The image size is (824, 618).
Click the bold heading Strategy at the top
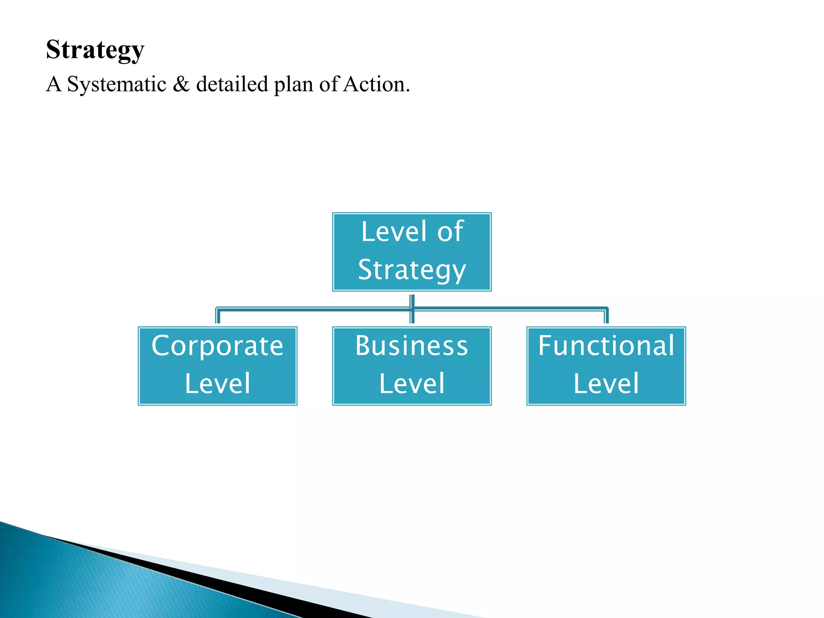[x=95, y=49]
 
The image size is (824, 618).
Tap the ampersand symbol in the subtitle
[x=181, y=84]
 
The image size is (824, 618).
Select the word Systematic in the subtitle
[x=117, y=84]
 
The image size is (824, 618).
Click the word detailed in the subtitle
[x=232, y=84]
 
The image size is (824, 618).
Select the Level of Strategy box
[x=412, y=252]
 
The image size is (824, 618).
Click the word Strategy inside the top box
[x=412, y=270]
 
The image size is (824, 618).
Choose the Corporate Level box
[x=217, y=366]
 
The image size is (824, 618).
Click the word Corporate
[x=217, y=346]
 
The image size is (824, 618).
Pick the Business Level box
[x=412, y=366]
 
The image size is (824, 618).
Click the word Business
[x=412, y=346]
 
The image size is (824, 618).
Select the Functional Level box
[x=606, y=366]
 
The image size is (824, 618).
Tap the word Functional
[x=606, y=346]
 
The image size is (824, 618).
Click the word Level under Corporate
[x=218, y=383]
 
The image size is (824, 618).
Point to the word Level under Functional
[x=606, y=383]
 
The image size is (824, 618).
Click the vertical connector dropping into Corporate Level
[x=218, y=317]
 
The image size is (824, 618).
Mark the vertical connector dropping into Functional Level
[x=606, y=317]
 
